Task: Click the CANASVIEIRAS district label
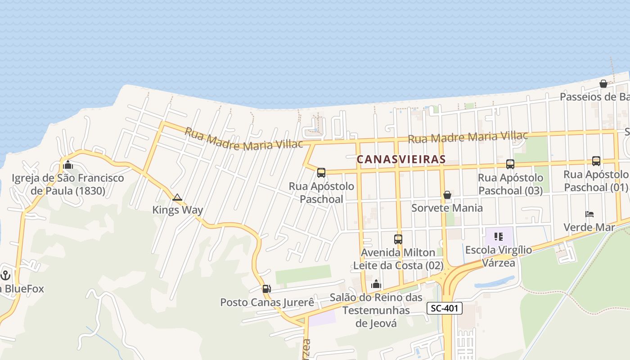tap(401, 159)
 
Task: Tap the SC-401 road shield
tap(444, 308)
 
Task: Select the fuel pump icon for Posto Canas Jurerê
tap(267, 289)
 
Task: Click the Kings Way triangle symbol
tap(177, 197)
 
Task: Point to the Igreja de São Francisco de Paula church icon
tap(68, 165)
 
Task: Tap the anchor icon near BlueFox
tap(6, 274)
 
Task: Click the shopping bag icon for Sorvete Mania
tap(447, 195)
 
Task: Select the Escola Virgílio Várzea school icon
tap(498, 236)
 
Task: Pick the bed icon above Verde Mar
tap(589, 214)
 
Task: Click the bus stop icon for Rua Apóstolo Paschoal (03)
tap(510, 164)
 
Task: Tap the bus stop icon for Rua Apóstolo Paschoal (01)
tap(596, 161)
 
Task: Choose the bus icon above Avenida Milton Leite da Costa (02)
tap(398, 239)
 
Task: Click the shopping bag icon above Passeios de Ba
tap(603, 84)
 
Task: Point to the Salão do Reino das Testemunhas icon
tap(376, 284)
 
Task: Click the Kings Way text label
tap(177, 210)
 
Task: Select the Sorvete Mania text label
tap(447, 208)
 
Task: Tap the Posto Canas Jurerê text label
tap(267, 302)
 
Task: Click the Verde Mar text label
tap(589, 227)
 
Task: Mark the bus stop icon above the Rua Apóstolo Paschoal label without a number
tap(321, 172)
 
